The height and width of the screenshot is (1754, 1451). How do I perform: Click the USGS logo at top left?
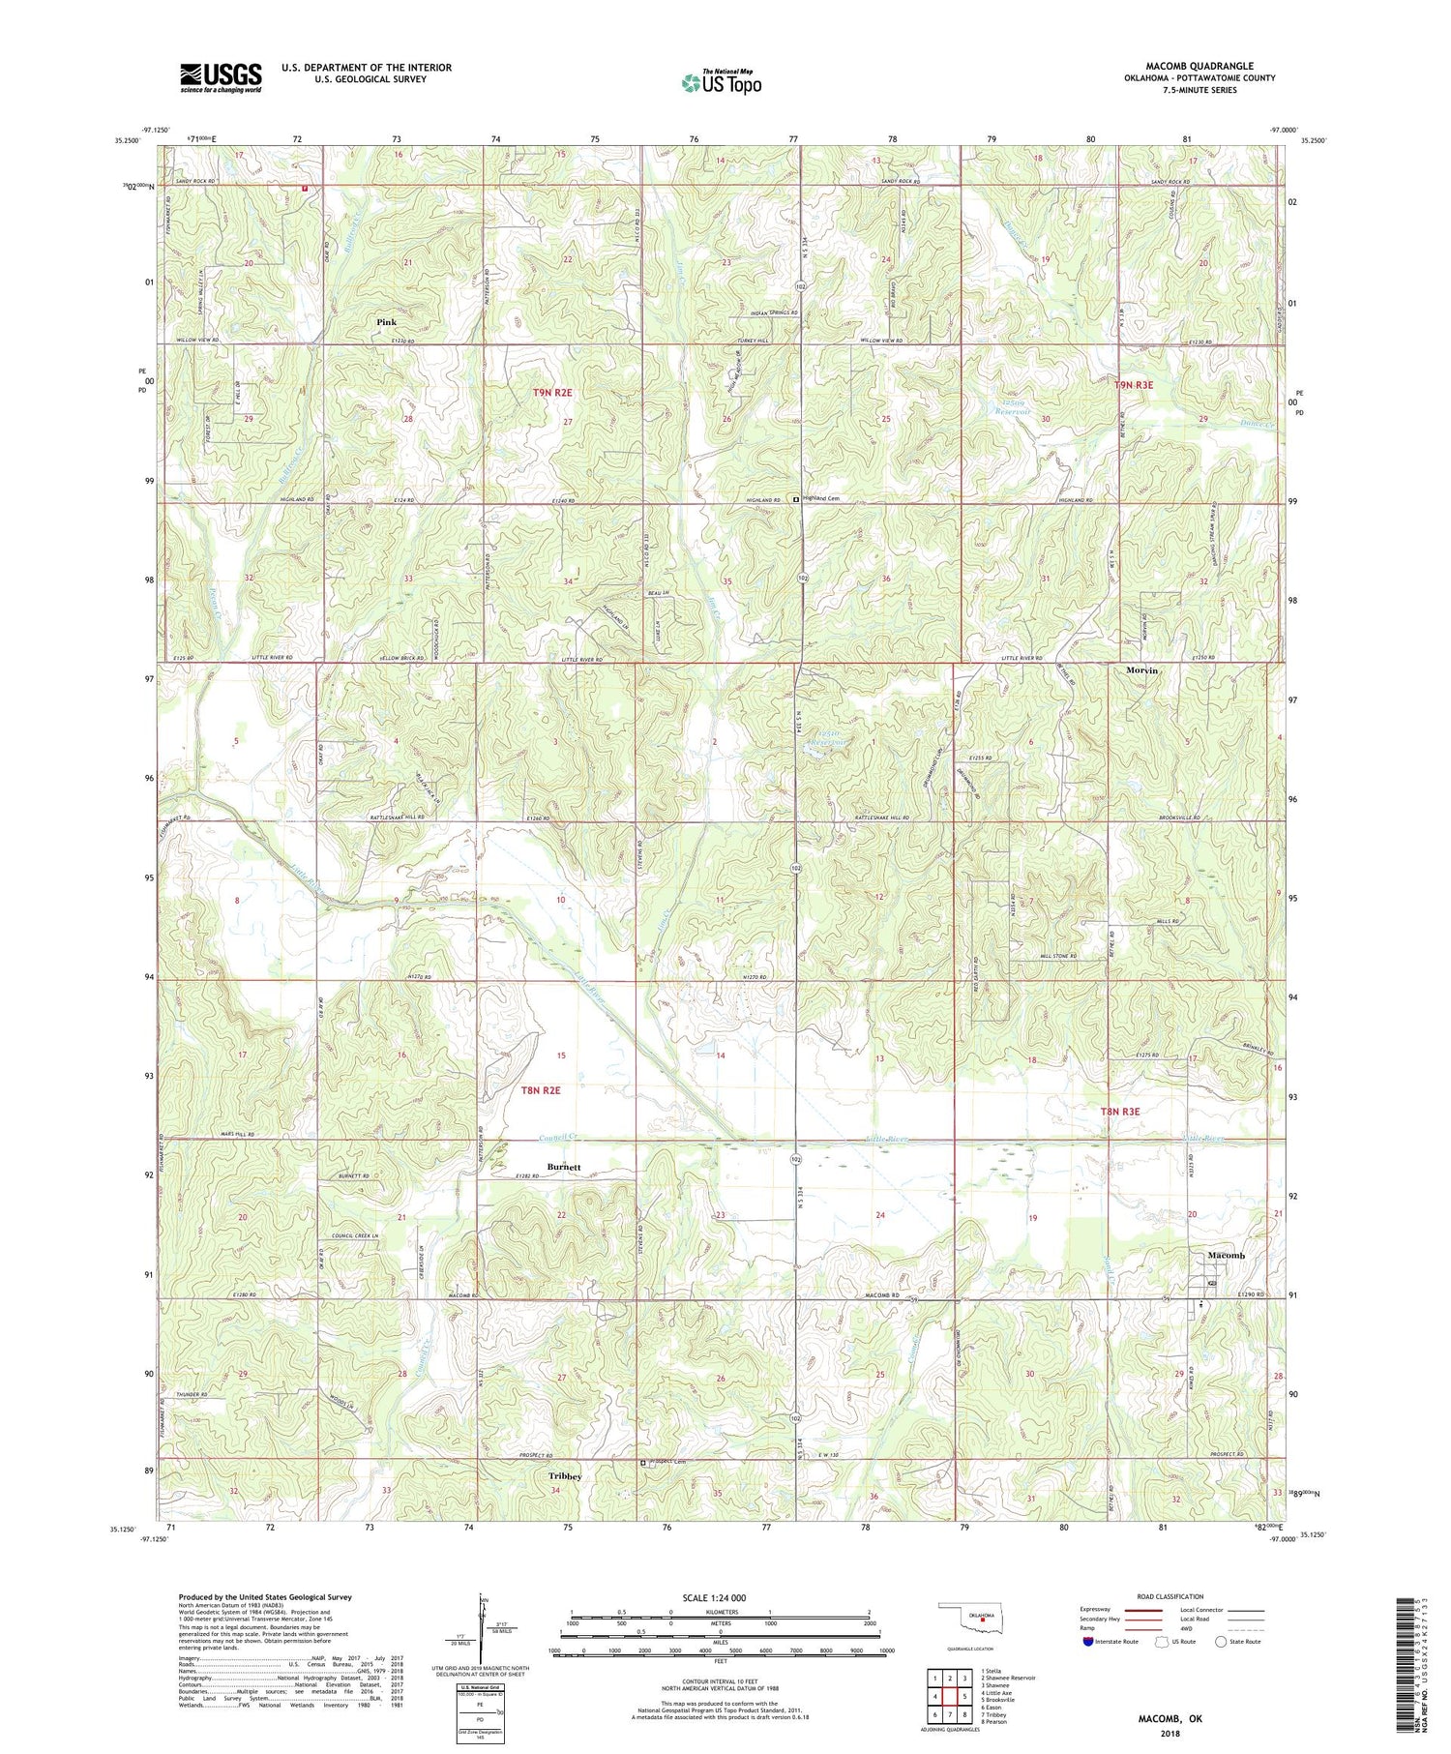coord(221,77)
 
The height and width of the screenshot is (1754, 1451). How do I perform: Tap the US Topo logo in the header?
coord(721,83)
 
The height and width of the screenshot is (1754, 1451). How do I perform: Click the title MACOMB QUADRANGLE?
coord(1199,67)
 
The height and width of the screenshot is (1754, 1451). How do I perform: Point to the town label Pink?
coord(387,321)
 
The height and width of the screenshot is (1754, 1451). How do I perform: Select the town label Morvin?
coord(1141,670)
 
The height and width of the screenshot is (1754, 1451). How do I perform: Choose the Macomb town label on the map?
coord(1227,1255)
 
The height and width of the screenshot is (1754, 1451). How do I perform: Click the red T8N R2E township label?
coord(541,1090)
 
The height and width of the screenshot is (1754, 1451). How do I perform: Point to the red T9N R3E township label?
coord(1134,385)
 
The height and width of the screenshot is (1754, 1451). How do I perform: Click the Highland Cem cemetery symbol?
coord(796,500)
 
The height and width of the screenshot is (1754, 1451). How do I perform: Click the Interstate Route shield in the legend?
coord(1089,1642)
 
